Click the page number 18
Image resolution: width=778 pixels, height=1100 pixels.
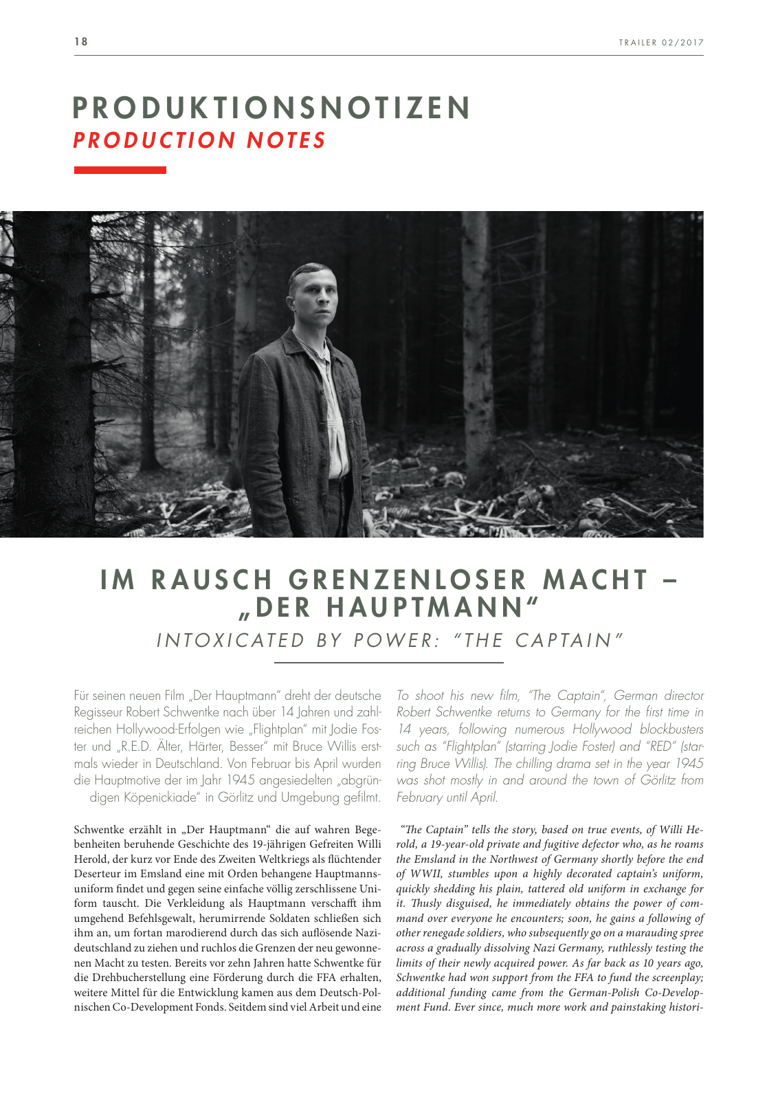coord(81,42)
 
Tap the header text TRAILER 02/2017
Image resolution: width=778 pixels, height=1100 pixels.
coord(660,43)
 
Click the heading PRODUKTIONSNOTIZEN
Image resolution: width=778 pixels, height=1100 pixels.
coord(272,108)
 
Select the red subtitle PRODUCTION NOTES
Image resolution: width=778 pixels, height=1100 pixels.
coord(200,140)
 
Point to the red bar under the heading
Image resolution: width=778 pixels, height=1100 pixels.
coord(120,170)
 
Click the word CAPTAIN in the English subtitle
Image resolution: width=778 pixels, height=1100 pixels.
coord(563,640)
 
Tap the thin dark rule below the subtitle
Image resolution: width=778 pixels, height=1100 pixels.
coord(388,663)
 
